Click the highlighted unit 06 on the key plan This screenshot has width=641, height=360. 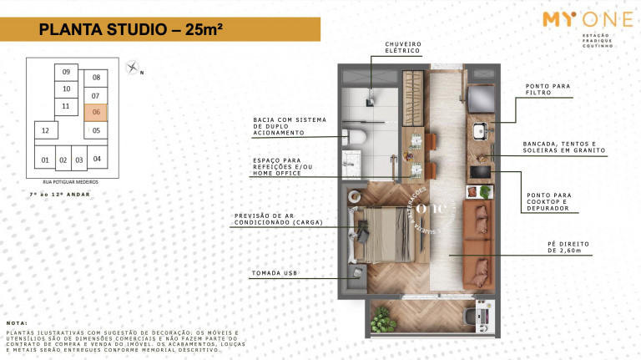(x=96, y=111)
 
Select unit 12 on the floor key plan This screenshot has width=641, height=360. (x=46, y=131)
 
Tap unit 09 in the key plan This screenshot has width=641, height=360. (x=66, y=73)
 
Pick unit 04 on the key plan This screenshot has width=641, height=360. (x=97, y=158)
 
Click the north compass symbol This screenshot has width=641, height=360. (x=132, y=68)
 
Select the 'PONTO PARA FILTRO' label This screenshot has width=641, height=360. (x=548, y=89)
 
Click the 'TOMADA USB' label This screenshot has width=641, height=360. (x=275, y=273)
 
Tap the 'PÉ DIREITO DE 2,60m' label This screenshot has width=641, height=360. (x=568, y=246)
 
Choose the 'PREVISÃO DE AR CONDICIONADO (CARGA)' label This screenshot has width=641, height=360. (x=278, y=220)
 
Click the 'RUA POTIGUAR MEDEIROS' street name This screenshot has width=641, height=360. (x=70, y=180)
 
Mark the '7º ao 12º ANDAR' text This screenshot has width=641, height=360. (x=59, y=195)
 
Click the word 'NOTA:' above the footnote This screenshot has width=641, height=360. (x=17, y=322)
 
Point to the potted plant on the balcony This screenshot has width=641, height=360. (x=381, y=319)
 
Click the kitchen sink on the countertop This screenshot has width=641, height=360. (x=479, y=130)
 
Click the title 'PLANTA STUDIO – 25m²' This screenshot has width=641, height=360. (x=130, y=31)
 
